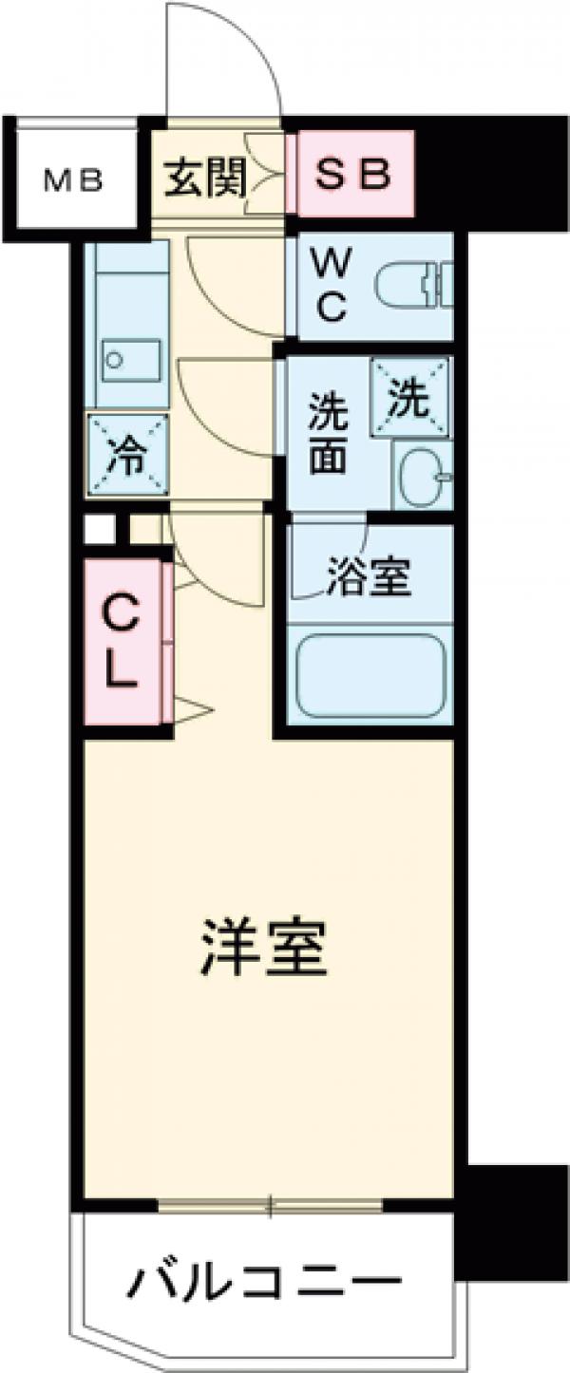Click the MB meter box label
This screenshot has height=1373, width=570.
[75, 180]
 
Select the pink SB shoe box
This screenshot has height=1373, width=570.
[351, 174]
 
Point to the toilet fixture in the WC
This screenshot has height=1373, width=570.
[414, 286]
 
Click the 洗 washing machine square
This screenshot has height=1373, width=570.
[411, 398]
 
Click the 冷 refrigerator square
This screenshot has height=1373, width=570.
[126, 455]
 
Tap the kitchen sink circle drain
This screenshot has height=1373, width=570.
[115, 359]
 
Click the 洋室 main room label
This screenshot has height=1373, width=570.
[264, 946]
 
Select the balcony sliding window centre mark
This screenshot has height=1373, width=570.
[270, 1206]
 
